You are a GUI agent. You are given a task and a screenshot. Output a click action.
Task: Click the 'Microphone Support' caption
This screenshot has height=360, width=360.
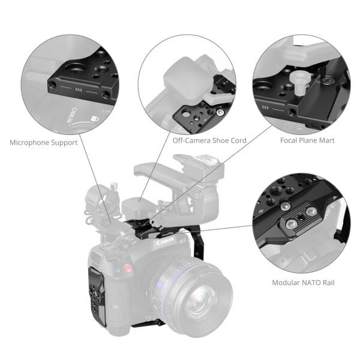(x=43, y=143)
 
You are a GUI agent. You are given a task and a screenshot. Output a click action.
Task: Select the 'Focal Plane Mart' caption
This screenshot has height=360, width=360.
(x=307, y=140)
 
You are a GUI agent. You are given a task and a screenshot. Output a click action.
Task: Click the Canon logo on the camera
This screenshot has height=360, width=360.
(x=165, y=242)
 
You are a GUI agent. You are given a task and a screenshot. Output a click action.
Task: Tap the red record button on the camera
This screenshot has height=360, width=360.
(x=128, y=268)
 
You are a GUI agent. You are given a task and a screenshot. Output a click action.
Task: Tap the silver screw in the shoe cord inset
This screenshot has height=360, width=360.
(x=221, y=112)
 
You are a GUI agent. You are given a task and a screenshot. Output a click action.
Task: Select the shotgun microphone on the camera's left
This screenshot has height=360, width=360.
(x=96, y=204)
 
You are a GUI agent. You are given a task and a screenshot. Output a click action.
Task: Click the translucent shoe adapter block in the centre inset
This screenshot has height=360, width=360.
(x=184, y=78)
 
